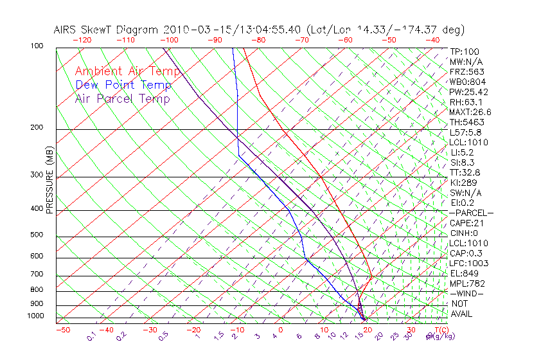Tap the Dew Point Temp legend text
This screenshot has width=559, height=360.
123,85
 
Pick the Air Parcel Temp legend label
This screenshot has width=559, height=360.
122,98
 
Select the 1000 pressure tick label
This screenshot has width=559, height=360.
37,316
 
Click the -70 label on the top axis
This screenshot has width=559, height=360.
301,40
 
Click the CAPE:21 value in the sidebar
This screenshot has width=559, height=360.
466,223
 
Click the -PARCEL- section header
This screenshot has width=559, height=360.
471,213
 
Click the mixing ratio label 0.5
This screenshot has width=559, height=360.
164,336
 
